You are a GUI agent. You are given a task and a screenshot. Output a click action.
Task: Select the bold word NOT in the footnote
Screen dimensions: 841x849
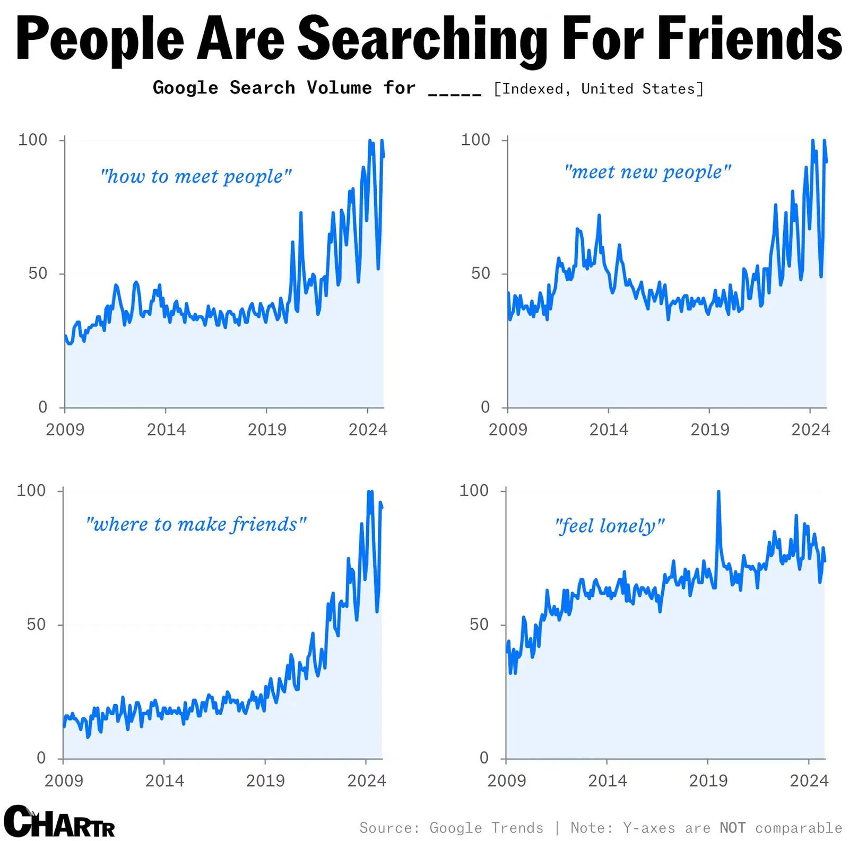click(732, 828)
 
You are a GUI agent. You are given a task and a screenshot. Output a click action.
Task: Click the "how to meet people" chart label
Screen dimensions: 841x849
click(196, 176)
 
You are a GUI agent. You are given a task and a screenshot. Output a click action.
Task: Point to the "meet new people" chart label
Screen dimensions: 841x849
click(647, 172)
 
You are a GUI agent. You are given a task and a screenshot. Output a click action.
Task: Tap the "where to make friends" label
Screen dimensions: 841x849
click(196, 524)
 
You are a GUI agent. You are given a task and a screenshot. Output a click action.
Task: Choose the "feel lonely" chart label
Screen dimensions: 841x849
click(609, 526)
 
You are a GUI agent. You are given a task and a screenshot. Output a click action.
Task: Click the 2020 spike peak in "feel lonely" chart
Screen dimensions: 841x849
click(718, 492)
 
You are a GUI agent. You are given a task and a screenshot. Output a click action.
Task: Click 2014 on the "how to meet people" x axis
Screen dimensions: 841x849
click(166, 429)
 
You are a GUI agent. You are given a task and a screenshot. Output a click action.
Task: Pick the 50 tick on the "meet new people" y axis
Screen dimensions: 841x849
click(481, 273)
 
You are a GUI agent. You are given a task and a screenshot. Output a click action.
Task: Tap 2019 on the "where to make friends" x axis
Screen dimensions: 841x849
click(265, 781)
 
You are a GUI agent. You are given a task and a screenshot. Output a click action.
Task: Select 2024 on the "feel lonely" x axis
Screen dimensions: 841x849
click(809, 781)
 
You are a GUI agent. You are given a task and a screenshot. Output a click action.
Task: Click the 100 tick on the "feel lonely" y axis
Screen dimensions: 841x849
click(473, 490)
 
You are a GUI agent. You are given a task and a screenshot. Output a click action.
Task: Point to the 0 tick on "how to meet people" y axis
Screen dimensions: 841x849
click(43, 407)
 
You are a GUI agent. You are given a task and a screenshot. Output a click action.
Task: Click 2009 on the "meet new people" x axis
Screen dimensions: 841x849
click(508, 429)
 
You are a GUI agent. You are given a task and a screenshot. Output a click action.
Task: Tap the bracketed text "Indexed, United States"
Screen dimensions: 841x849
click(598, 89)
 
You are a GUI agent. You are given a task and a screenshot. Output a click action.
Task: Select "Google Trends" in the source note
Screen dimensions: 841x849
click(486, 828)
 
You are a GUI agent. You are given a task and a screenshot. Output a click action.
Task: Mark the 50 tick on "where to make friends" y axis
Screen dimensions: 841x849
click(37, 625)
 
